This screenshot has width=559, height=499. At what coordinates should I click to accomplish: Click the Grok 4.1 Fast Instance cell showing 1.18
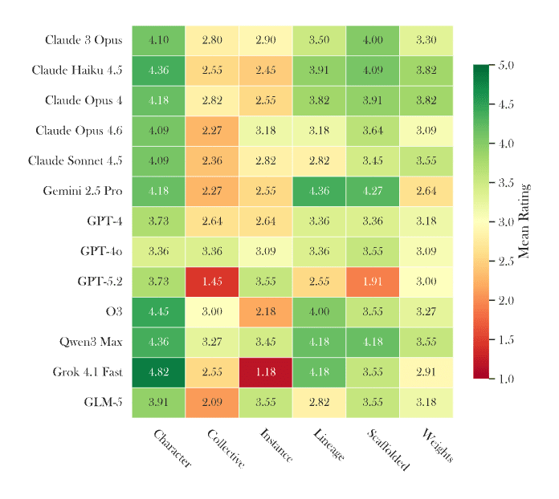[265, 372]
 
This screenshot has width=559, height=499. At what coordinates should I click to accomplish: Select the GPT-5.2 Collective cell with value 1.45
[212, 282]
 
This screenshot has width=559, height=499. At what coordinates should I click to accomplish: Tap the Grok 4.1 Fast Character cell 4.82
[158, 372]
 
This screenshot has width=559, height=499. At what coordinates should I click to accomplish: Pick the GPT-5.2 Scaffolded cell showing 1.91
[372, 282]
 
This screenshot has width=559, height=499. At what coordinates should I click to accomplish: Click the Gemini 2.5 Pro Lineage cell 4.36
[319, 191]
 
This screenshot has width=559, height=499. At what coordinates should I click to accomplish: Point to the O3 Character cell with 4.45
[158, 312]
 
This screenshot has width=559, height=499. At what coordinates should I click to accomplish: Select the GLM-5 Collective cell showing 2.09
[212, 403]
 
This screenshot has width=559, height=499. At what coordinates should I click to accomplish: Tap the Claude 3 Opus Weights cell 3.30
[426, 40]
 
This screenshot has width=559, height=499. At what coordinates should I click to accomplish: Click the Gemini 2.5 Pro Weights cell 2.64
[426, 191]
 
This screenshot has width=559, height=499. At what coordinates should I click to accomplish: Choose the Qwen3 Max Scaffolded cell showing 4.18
[372, 342]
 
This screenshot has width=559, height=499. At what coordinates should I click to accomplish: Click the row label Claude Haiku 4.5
[77, 71]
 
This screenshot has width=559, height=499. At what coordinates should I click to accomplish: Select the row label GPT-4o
[101, 252]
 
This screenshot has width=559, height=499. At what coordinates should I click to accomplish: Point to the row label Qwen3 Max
[91, 342]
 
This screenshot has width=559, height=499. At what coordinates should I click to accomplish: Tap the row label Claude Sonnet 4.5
[75, 160]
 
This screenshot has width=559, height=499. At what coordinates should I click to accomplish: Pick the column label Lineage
[328, 445]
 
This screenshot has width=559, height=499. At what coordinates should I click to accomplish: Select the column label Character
[172, 448]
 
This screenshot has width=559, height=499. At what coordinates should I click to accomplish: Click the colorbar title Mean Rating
[524, 221]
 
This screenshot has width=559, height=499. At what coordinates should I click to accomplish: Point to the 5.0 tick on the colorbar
[506, 65]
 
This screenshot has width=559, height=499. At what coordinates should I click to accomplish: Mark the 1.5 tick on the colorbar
[506, 339]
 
